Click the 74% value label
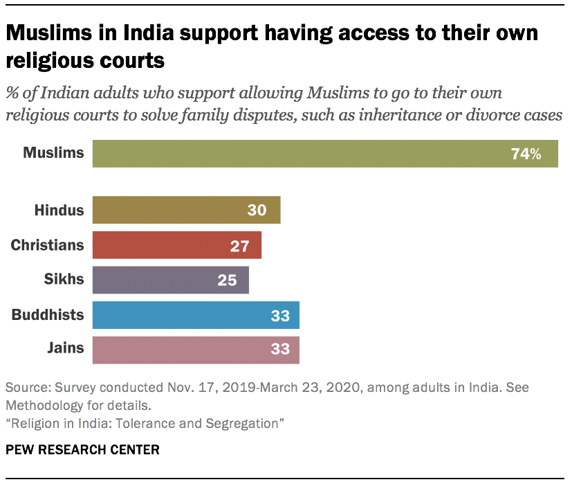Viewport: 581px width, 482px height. click(x=526, y=154)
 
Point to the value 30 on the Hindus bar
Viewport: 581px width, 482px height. click(x=257, y=210)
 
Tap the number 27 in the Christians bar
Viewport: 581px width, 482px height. click(x=239, y=245)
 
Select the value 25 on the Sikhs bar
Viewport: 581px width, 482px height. click(x=227, y=280)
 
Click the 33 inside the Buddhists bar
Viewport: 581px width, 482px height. click(x=279, y=315)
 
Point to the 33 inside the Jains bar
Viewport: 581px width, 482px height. click(x=279, y=350)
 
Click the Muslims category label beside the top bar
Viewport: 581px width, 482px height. click(x=53, y=153)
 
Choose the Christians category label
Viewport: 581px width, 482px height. click(x=48, y=245)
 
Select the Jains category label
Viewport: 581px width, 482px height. click(x=65, y=348)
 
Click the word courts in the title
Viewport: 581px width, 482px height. click(x=124, y=60)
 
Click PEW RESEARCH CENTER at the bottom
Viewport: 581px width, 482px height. click(x=82, y=449)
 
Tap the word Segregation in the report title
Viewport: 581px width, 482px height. click(x=246, y=422)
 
